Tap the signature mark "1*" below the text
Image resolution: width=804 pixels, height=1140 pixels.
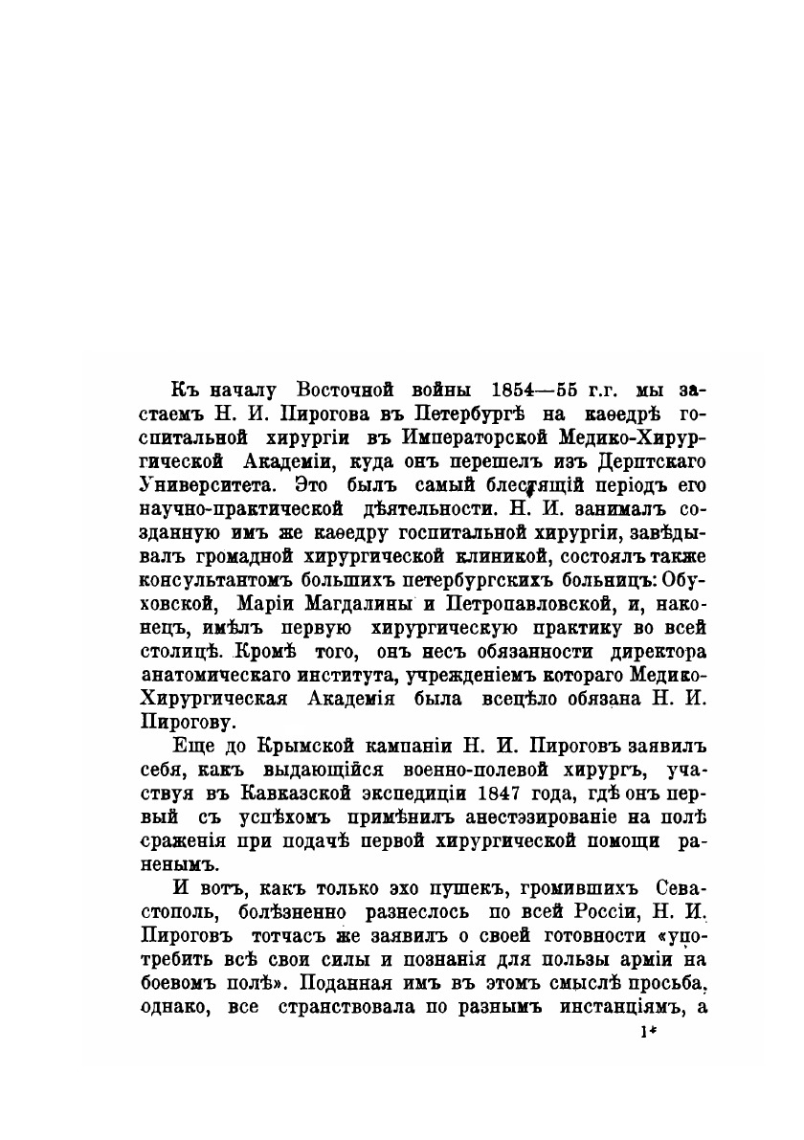click(x=646, y=1033)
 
